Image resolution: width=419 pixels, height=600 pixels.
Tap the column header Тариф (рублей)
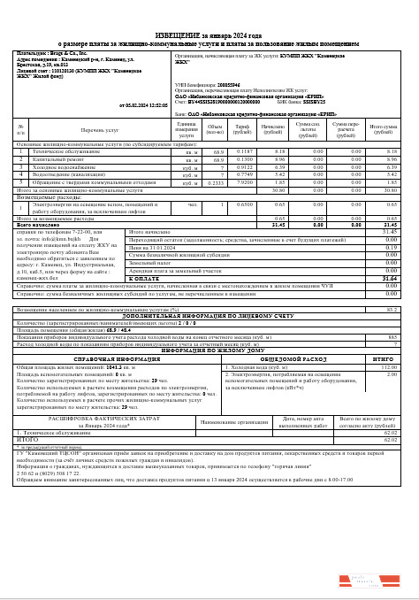(x=240, y=131)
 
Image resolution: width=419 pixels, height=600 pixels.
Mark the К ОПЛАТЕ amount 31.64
(x=390, y=277)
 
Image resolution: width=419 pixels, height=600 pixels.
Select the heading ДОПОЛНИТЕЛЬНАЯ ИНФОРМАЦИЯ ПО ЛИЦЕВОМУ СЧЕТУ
(x=209, y=315)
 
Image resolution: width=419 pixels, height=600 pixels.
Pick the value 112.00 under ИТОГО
(x=390, y=366)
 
